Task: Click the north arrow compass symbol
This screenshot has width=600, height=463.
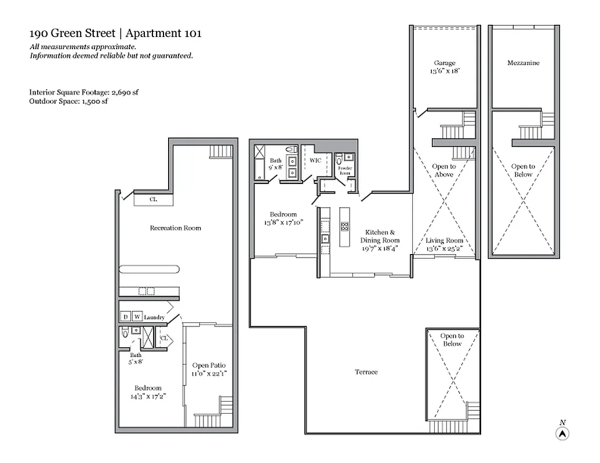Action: (x=562, y=433)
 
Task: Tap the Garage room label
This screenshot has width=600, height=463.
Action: (x=445, y=63)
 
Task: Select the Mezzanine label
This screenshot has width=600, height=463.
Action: (x=523, y=63)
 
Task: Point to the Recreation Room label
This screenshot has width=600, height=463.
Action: (x=175, y=228)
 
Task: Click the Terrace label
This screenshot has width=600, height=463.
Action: (x=366, y=372)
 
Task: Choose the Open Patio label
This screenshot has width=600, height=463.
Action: (x=209, y=366)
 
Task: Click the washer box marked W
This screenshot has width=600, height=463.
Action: (x=137, y=317)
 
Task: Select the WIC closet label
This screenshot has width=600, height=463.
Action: (x=315, y=160)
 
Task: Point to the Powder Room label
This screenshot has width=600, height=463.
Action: (x=345, y=172)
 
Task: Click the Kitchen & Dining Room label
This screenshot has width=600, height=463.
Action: (x=380, y=236)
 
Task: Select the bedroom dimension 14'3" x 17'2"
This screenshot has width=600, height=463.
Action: (x=148, y=397)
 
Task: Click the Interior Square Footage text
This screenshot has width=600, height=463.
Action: (x=84, y=92)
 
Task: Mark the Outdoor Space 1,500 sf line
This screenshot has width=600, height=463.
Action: (x=68, y=101)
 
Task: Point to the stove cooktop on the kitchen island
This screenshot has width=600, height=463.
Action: (x=345, y=226)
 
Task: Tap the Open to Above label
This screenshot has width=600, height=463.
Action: (x=444, y=171)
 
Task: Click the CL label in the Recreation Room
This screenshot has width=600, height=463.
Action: (x=153, y=200)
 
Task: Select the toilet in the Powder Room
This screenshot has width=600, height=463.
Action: (x=339, y=160)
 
